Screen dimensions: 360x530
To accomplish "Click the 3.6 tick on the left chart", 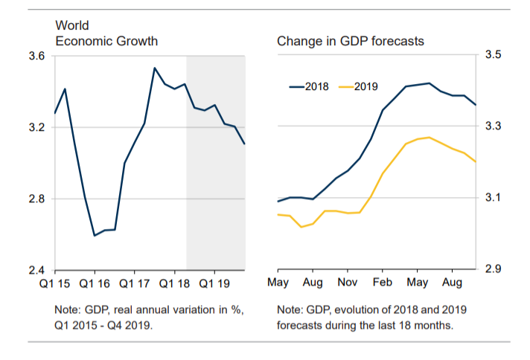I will (x=37, y=57).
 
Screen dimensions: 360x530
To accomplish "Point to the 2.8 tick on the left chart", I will (x=37, y=199).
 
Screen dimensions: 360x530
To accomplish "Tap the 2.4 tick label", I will (x=37, y=270).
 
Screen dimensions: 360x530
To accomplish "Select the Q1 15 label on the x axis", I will (x=56, y=283).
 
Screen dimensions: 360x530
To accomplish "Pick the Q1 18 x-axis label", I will (x=175, y=283).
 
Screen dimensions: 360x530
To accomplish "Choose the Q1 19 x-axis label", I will (x=214, y=283).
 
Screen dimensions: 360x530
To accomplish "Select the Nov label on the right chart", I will (x=348, y=283).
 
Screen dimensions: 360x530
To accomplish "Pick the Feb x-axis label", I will (x=383, y=283).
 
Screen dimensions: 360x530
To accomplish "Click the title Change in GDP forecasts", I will (x=350, y=41).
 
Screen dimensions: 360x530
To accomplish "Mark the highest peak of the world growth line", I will (x=155, y=68).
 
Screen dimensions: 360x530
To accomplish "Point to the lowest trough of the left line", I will (x=95, y=235).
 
